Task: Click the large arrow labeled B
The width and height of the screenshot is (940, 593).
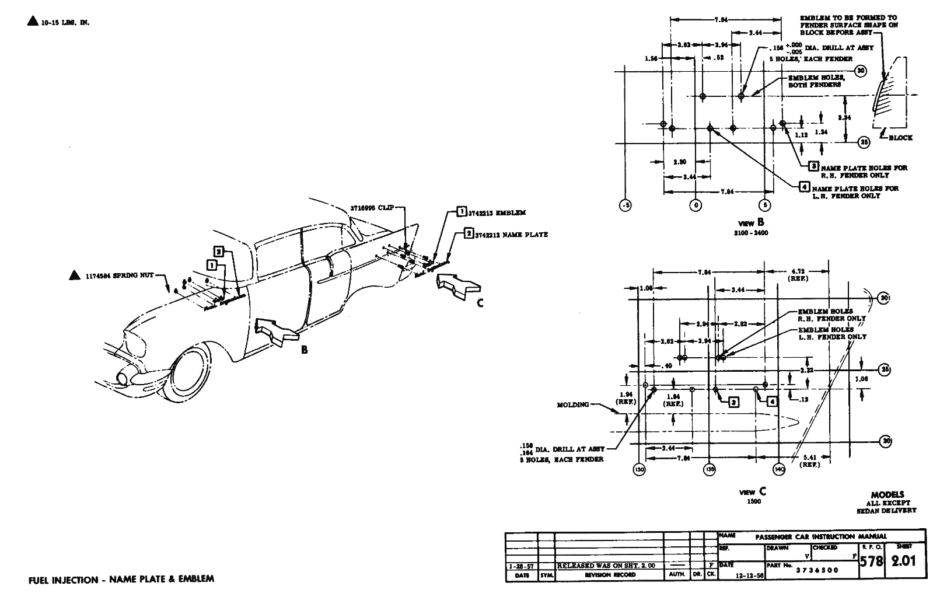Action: pyautogui.click(x=278, y=331)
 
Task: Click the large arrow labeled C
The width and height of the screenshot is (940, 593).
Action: pyautogui.click(x=457, y=286)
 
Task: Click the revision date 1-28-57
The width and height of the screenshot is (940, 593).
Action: pyautogui.click(x=522, y=566)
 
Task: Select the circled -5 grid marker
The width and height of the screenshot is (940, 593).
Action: pyautogui.click(x=624, y=205)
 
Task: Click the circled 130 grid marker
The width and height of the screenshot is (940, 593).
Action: pyautogui.click(x=640, y=469)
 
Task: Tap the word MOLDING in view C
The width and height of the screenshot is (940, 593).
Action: pyautogui.click(x=573, y=404)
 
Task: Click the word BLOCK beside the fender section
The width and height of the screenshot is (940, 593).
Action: pyautogui.click(x=900, y=138)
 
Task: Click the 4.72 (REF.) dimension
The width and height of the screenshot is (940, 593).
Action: pyautogui.click(x=798, y=275)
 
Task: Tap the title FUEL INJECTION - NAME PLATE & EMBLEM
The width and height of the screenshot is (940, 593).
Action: pyautogui.click(x=121, y=580)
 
